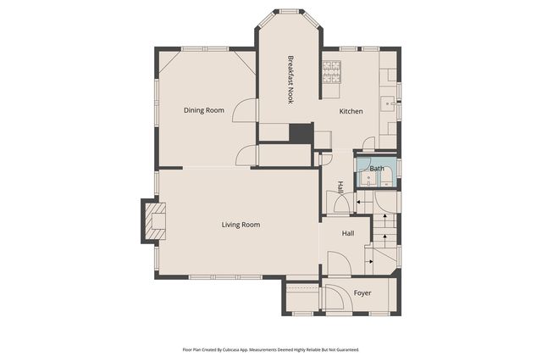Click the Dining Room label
point(204,110)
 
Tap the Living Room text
point(241,225)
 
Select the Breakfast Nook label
point(290,80)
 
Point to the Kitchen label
point(351,112)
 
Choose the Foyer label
point(362,293)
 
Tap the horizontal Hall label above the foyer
point(347,233)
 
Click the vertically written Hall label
point(340,187)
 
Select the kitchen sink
point(390,103)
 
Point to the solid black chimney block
point(300,133)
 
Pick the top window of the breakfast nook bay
point(290,11)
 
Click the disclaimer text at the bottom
point(271,348)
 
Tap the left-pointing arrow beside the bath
point(360,203)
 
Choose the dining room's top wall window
point(204,48)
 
